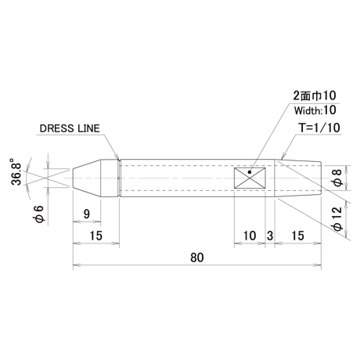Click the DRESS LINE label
point(70,128)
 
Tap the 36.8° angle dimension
point(16,171)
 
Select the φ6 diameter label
point(39,214)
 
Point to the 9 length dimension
point(87,214)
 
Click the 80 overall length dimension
point(197,257)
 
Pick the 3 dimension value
point(270,236)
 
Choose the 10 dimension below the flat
point(250,236)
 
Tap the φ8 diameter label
point(337,178)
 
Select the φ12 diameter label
point(338,218)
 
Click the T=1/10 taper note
point(319,128)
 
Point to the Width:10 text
point(315,110)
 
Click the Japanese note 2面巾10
point(315,95)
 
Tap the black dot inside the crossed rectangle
point(250,172)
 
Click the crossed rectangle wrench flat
point(250,178)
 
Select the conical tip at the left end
point(87,178)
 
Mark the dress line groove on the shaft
point(119,178)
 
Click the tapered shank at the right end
point(297,178)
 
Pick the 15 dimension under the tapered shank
point(297,236)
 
